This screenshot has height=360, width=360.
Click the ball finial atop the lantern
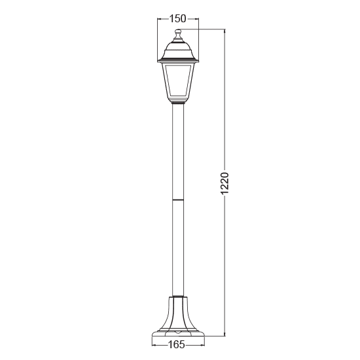(x=178, y=34)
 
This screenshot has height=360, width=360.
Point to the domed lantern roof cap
(x=178, y=47)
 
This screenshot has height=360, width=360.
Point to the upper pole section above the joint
(x=178, y=151)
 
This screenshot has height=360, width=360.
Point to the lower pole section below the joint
(x=178, y=249)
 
